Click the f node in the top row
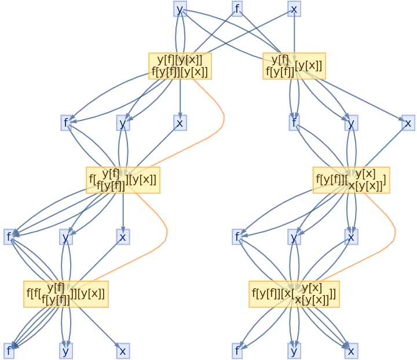click(237, 9)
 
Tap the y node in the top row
click(180, 9)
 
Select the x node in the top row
click(294, 9)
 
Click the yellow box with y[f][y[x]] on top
click(180, 66)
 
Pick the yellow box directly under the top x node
click(294, 66)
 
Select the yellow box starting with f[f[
click(66, 293)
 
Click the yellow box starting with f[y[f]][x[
click(294, 293)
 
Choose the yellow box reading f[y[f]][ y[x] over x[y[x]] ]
click(351, 180)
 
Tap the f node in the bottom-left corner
click(9, 351)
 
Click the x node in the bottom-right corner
click(350, 351)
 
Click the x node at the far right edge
click(408, 123)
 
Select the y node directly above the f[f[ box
click(66, 237)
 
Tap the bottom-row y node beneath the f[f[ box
click(66, 351)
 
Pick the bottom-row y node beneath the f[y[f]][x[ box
click(294, 351)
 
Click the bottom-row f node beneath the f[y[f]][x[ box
click(237, 351)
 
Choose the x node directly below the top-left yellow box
click(180, 123)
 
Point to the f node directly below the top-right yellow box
click(294, 123)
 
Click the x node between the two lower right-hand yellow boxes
click(350, 237)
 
